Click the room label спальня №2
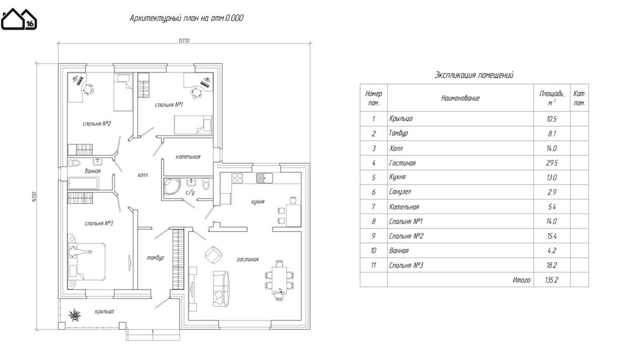pos(96,124)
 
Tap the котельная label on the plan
pos(188,157)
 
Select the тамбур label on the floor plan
pos(156,258)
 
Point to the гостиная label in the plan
pos(247,259)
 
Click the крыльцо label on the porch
pos(104,311)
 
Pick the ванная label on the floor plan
pos(92,171)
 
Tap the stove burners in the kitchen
pos(237,177)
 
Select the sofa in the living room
pos(220,288)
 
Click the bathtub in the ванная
pos(83,184)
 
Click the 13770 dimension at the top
pos(184,41)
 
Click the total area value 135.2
pos(551,280)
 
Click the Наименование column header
pos(460,98)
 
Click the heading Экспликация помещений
pos(474,75)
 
